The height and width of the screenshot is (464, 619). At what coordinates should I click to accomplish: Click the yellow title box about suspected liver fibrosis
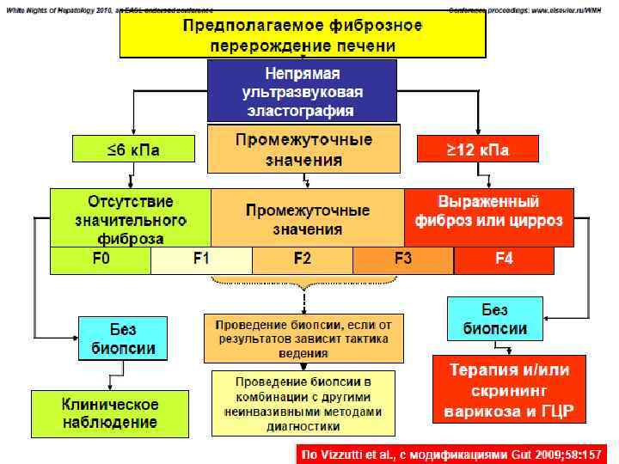coord(303,34)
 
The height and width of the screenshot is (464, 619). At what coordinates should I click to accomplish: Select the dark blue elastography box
coord(303,91)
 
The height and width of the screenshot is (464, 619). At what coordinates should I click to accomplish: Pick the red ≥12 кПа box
coord(477,151)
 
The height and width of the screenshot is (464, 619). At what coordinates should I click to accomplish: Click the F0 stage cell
coord(101,259)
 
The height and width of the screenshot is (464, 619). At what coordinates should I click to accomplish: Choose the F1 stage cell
coord(201,259)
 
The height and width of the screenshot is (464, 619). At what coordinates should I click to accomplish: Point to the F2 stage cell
coord(303,259)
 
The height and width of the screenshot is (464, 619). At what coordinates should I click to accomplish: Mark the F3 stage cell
coord(403,259)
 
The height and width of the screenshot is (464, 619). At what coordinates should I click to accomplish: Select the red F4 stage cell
coord(505,259)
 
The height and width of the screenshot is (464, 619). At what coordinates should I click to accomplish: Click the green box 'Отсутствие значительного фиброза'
coord(131,217)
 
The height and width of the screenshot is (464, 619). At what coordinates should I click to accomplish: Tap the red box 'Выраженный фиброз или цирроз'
coord(489,213)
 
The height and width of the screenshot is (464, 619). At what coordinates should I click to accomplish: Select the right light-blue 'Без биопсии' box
coord(495,319)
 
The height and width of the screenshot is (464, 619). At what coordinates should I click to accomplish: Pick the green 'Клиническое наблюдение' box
coord(109,413)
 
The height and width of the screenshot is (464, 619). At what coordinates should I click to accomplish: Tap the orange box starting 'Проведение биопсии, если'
coord(302,338)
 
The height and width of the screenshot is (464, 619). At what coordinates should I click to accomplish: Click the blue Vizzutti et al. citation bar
coord(450,452)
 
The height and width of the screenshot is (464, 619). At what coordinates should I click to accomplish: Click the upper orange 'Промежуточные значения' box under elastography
coord(303,149)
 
